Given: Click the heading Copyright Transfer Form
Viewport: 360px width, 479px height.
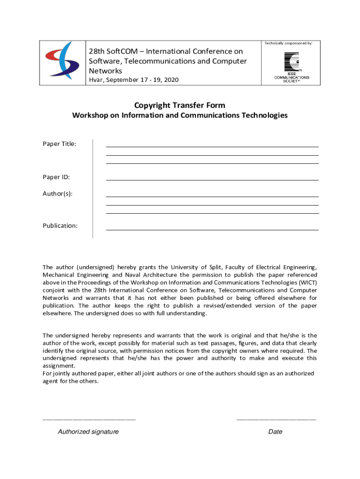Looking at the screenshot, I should point(180,105).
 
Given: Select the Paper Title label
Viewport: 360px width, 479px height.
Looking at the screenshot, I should point(59,144).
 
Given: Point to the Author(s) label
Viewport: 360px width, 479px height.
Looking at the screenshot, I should point(58,193).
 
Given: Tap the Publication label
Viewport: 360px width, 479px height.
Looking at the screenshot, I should point(60,225).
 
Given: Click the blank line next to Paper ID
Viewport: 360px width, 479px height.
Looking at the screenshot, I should point(212,180).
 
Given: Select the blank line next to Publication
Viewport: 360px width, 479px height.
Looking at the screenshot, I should point(212,230).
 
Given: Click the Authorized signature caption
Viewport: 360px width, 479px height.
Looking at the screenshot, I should point(88,432).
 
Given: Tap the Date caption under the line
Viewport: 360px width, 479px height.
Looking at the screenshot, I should point(275,432).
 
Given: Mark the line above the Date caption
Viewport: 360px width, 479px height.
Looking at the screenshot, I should point(276,420).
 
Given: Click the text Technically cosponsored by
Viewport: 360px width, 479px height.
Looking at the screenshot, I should point(288,43).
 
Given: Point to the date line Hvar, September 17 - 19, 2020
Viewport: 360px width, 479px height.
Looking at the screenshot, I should point(134,80).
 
